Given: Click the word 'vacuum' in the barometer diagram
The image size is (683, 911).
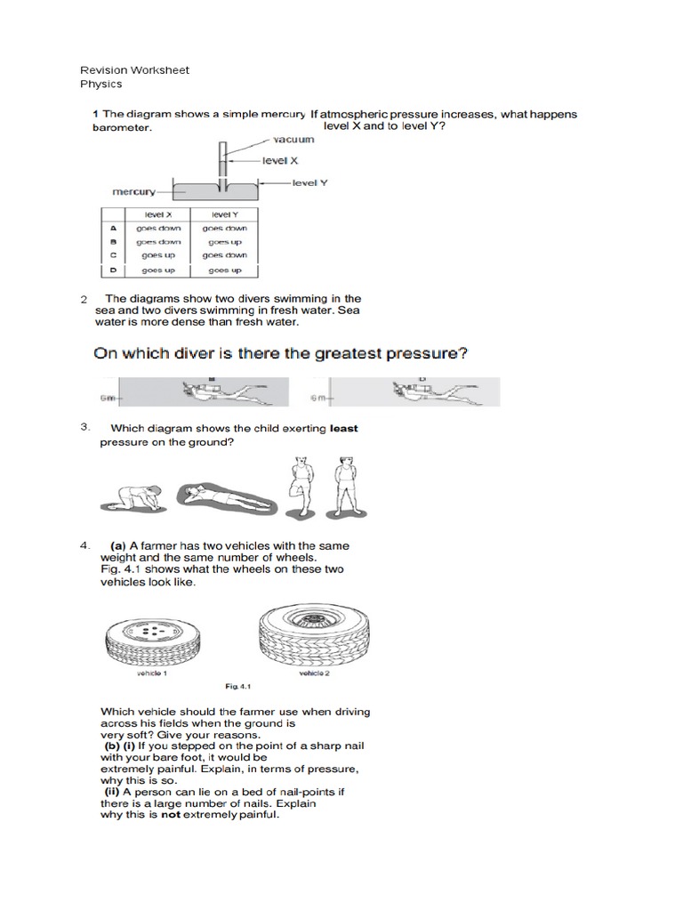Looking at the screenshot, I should coord(293,141).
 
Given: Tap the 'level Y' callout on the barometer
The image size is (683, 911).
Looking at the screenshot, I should coord(310,181).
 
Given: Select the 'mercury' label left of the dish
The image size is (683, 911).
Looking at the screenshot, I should coord(133,191).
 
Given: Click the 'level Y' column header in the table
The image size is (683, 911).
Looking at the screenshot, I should coord(222,214).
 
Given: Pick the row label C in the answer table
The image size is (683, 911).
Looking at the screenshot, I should coord(113,255).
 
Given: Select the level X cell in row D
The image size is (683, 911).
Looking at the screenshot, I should coord(160,270).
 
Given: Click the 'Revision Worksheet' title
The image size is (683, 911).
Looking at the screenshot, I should coord(134,70).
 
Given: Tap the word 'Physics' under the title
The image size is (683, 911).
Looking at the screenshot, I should coord(101,85).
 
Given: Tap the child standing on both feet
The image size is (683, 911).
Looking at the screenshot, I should coord(341,485).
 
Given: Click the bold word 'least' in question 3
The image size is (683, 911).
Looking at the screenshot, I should coord(343,428).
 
